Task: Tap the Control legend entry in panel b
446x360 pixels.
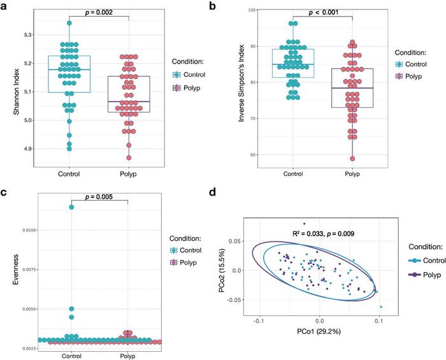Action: click(414, 64)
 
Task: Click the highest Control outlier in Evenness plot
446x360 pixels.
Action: click(71, 207)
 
